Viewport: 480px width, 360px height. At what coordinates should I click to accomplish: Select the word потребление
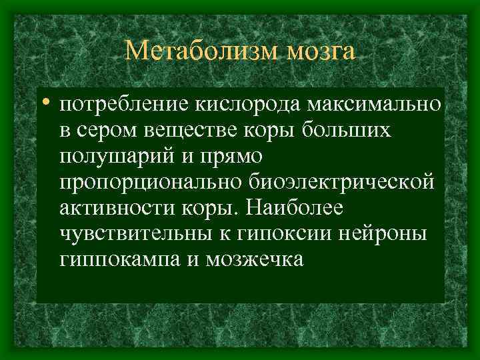pyautogui.click(x=124, y=105)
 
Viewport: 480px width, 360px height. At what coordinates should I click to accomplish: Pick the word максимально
pyautogui.click(x=377, y=105)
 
